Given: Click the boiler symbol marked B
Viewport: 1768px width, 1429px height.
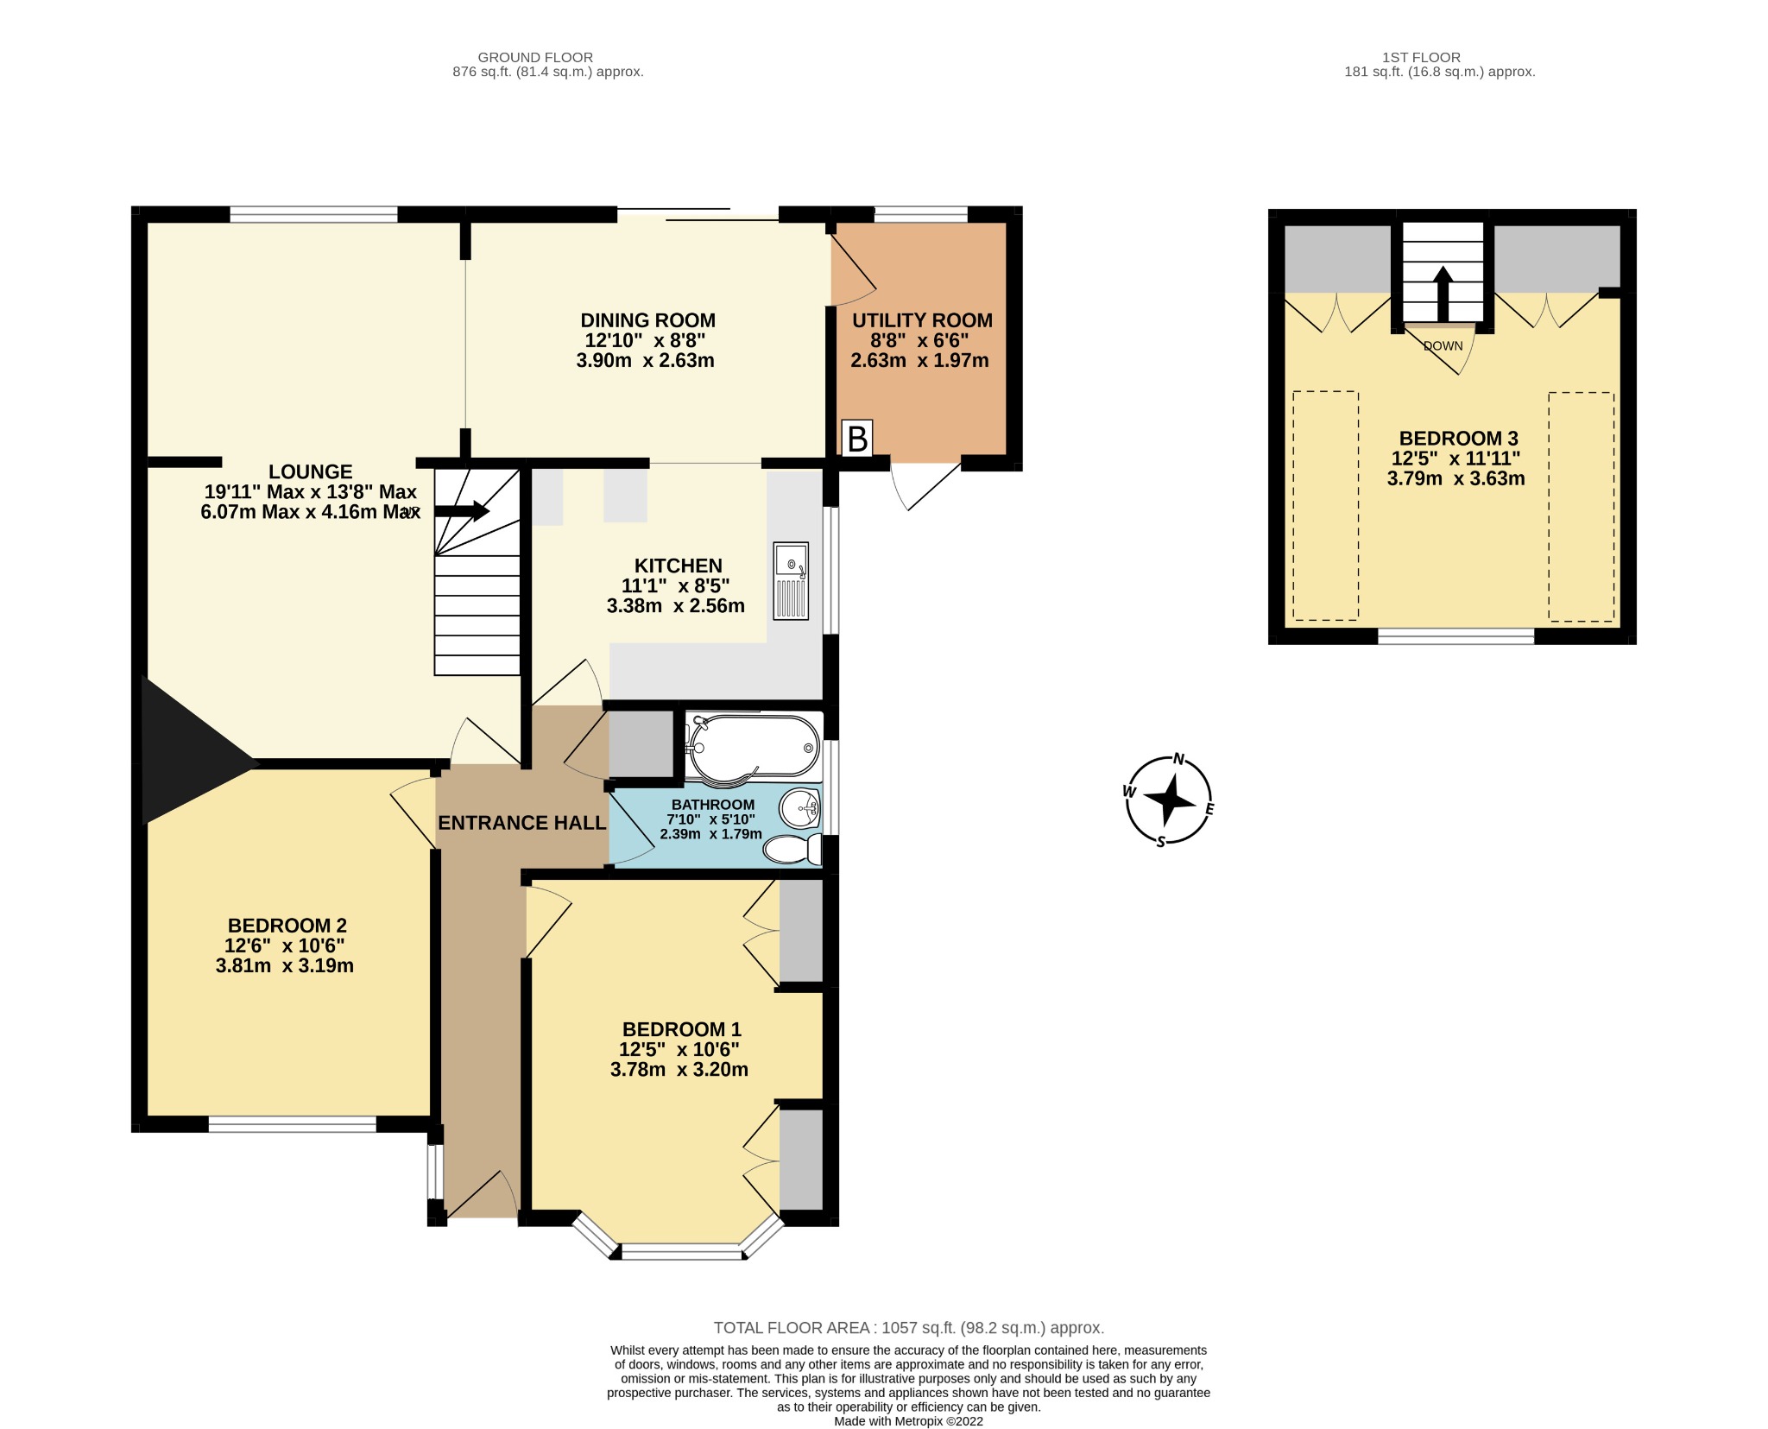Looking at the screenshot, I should point(856,439).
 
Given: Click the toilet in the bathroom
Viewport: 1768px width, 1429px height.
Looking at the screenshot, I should point(792,849).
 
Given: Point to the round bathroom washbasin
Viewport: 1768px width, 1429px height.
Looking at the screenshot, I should point(799,809).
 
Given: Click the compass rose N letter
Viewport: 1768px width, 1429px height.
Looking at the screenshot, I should point(1179,760).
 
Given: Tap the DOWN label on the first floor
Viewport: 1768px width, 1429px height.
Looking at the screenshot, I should point(1443,345).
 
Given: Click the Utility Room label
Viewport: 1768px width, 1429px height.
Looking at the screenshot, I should point(922,320).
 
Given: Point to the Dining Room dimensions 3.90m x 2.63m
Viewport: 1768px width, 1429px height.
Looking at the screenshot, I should point(645,360).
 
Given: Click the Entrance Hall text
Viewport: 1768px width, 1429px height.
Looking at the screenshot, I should point(521,823).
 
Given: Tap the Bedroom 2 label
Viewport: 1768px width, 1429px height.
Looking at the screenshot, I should point(287,926).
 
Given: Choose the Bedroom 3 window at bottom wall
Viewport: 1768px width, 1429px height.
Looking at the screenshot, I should point(1455,636).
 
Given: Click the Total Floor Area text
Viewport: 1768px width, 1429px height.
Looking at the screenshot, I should point(908,1328).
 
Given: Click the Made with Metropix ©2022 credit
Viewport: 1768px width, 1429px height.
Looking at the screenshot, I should point(908,1421).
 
